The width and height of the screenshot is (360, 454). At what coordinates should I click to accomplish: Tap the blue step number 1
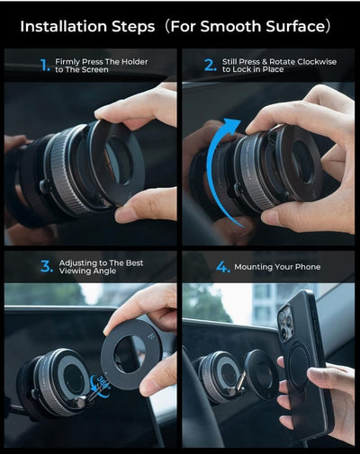[45, 65]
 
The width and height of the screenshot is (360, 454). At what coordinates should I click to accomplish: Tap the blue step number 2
[209, 65]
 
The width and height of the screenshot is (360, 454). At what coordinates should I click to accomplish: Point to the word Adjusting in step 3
[80, 263]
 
